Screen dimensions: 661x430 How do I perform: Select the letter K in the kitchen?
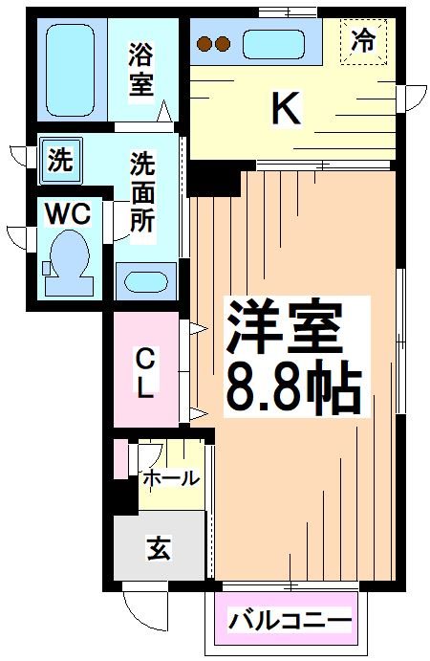click(286, 108)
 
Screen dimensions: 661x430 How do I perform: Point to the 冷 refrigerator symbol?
click(363, 41)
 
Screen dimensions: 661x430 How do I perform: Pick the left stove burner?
click(204, 43)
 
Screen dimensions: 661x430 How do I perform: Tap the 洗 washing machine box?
click(60, 161)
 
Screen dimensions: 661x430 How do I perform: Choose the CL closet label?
click(144, 373)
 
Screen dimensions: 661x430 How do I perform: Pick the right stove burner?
click(223, 43)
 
